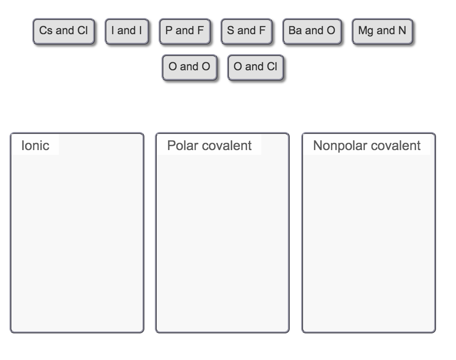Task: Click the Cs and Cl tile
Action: [x=63, y=31]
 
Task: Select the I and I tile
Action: [x=126, y=31]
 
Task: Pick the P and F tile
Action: [x=184, y=31]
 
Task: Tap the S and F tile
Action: [x=246, y=31]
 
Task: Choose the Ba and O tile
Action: [x=312, y=31]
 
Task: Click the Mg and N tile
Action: [x=382, y=31]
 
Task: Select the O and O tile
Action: [x=189, y=67]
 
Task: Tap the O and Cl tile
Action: [x=255, y=67]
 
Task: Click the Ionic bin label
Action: [x=35, y=145]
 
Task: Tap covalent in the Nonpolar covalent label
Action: [x=397, y=145]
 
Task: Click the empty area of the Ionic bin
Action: [x=77, y=242]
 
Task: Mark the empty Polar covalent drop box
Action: [x=222, y=242]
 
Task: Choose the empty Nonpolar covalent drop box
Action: [x=369, y=242]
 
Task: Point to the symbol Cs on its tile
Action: [x=46, y=31]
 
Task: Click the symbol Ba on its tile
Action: [x=294, y=31]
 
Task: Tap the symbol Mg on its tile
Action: [x=366, y=31]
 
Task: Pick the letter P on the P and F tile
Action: [x=169, y=31]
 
